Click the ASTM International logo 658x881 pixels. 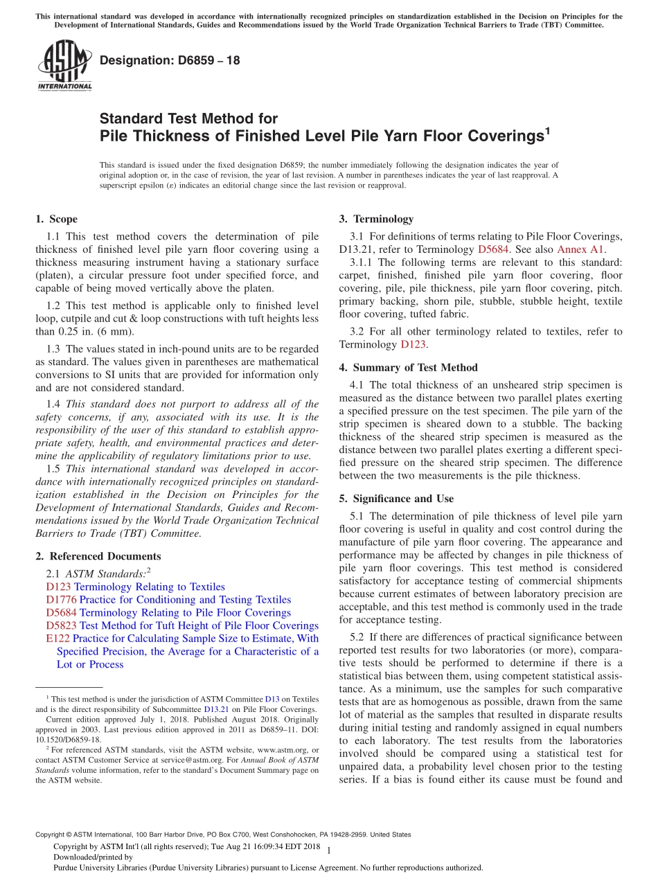tap(64, 66)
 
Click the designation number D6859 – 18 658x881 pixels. tap(170, 60)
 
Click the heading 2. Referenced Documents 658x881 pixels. tap(98, 556)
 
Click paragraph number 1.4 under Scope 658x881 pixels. tap(54, 404)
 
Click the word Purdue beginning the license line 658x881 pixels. tap(68, 867)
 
